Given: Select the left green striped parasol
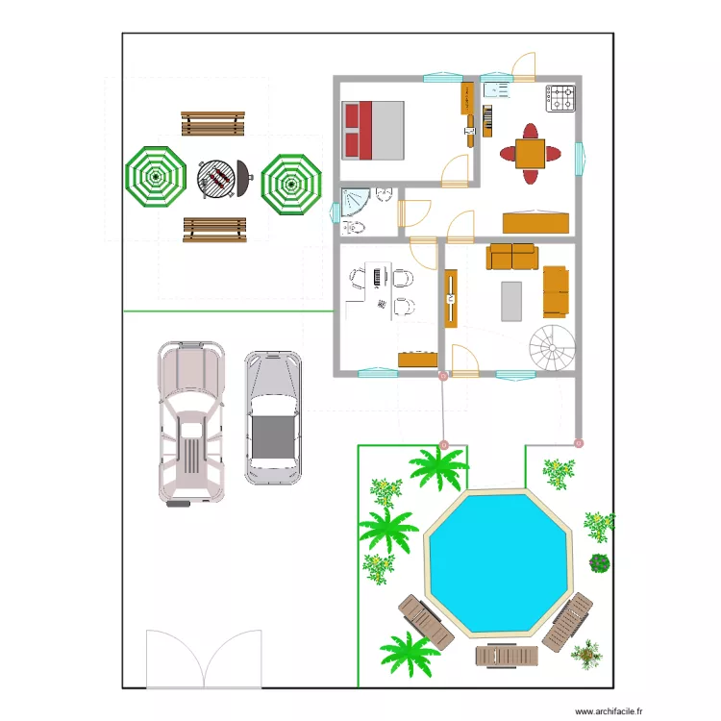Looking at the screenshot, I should click(x=154, y=177).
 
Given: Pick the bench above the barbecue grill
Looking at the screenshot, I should click(x=212, y=123).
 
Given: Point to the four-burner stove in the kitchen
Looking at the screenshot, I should click(x=561, y=98).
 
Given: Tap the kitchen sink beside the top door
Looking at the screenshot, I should click(x=498, y=90).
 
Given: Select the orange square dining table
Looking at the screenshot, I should click(x=530, y=154).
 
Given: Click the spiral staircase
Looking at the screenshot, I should click(x=554, y=347).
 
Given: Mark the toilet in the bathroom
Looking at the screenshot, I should click(x=353, y=227).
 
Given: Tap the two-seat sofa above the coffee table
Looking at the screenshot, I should click(x=512, y=257).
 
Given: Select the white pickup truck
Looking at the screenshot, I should click(x=191, y=423).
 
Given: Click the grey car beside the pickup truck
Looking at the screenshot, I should click(x=272, y=416).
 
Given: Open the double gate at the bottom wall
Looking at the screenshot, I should click(x=204, y=659).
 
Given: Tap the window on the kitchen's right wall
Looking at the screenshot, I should click(x=580, y=159).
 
